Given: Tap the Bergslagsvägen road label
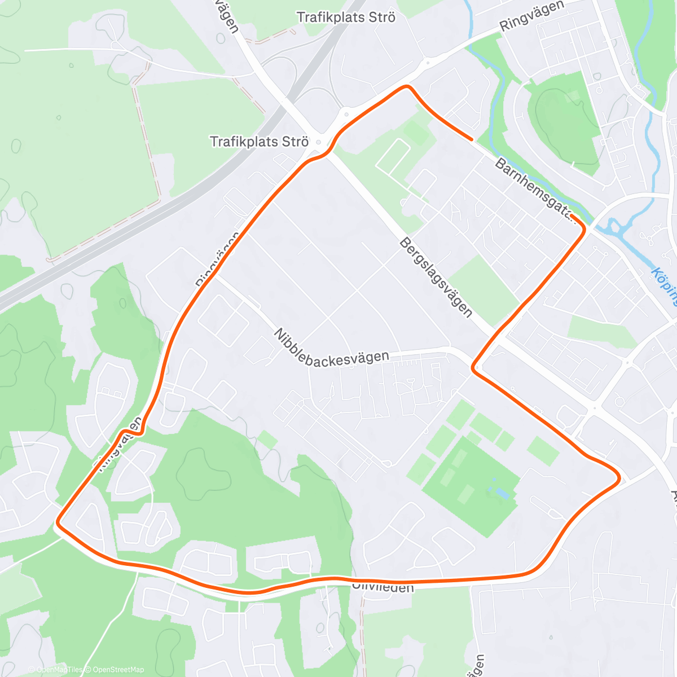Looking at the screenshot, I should pos(435,276).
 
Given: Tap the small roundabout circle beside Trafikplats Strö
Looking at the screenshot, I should pos(319,142).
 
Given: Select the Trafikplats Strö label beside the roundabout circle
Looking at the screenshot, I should pos(259,141).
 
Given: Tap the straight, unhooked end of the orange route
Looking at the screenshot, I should pos(471,139).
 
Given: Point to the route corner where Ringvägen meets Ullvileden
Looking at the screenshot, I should pos(58,525).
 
